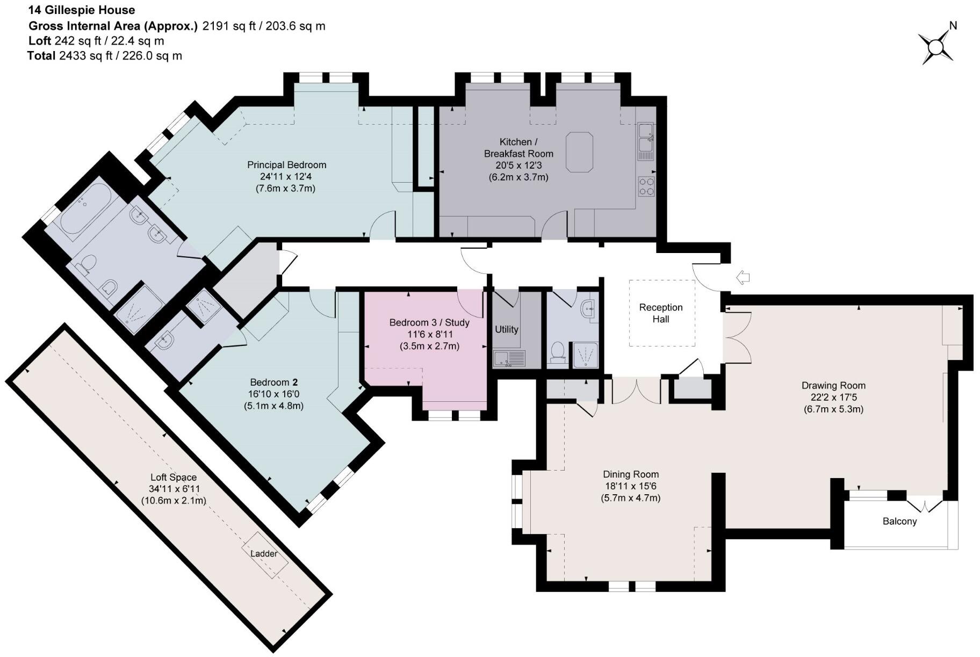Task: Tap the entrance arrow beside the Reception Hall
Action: (x=743, y=278)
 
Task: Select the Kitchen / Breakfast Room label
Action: (x=518, y=148)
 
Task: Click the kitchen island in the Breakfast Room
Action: (x=579, y=152)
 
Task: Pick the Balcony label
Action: (x=899, y=521)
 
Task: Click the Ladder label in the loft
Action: (x=264, y=553)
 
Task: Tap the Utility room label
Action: (x=506, y=329)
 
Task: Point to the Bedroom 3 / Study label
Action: (x=429, y=322)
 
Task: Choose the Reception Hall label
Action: (x=660, y=313)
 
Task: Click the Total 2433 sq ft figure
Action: (x=104, y=56)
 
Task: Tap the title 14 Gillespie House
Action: (x=82, y=10)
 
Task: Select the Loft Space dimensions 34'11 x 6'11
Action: (x=173, y=489)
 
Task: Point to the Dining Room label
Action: (x=630, y=474)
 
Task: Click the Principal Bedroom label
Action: (x=286, y=165)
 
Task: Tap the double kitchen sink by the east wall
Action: (x=645, y=138)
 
